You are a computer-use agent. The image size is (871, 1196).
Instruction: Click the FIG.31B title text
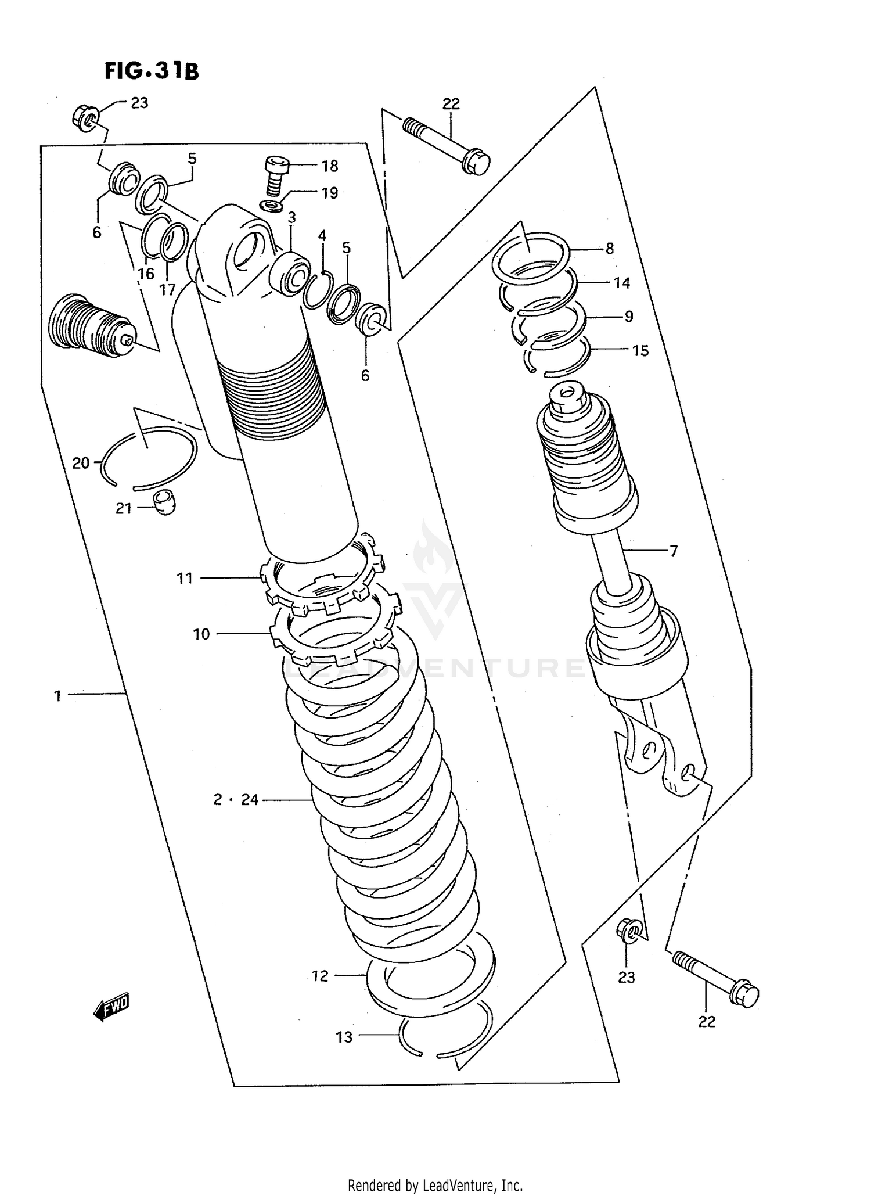click(x=152, y=71)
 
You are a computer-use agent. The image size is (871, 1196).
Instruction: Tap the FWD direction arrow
click(x=111, y=1006)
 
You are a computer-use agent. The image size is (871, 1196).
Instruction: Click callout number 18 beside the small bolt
click(x=329, y=166)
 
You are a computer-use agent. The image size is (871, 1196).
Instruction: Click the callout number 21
click(x=123, y=509)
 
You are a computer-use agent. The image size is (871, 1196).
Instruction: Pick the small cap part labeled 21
click(x=164, y=502)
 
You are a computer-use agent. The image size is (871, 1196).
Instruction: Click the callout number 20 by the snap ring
click(x=81, y=463)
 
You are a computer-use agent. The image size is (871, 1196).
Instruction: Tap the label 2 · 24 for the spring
click(x=236, y=800)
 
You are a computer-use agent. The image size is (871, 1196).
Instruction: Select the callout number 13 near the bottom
click(x=344, y=1037)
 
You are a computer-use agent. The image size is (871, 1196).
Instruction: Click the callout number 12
click(x=320, y=976)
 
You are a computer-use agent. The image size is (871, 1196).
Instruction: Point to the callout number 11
click(x=185, y=578)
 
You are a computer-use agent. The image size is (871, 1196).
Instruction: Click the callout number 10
click(x=201, y=634)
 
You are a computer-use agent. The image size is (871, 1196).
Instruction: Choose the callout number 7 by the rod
click(x=674, y=551)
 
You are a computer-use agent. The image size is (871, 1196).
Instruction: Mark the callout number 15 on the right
click(x=640, y=351)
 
